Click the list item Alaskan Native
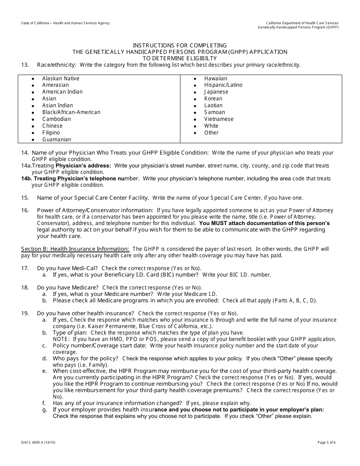click(61, 78)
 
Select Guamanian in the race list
click(56, 139)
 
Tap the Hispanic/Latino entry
click(223, 85)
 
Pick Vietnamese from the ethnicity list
click(219, 119)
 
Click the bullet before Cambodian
click(33, 119)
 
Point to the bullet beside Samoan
click(195, 113)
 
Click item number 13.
click(25, 65)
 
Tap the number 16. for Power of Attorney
click(25, 210)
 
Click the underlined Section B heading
click(75, 249)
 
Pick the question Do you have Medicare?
click(68, 288)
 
